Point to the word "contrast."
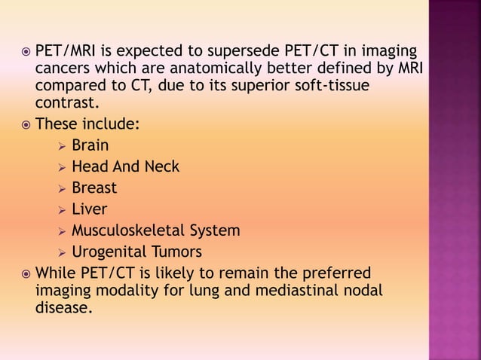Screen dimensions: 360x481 coord(67,102)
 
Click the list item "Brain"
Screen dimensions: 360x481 coord(90,145)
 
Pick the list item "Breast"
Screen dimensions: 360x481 coord(94,188)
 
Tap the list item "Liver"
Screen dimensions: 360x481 coord(90,209)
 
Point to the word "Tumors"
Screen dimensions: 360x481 coord(178,252)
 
